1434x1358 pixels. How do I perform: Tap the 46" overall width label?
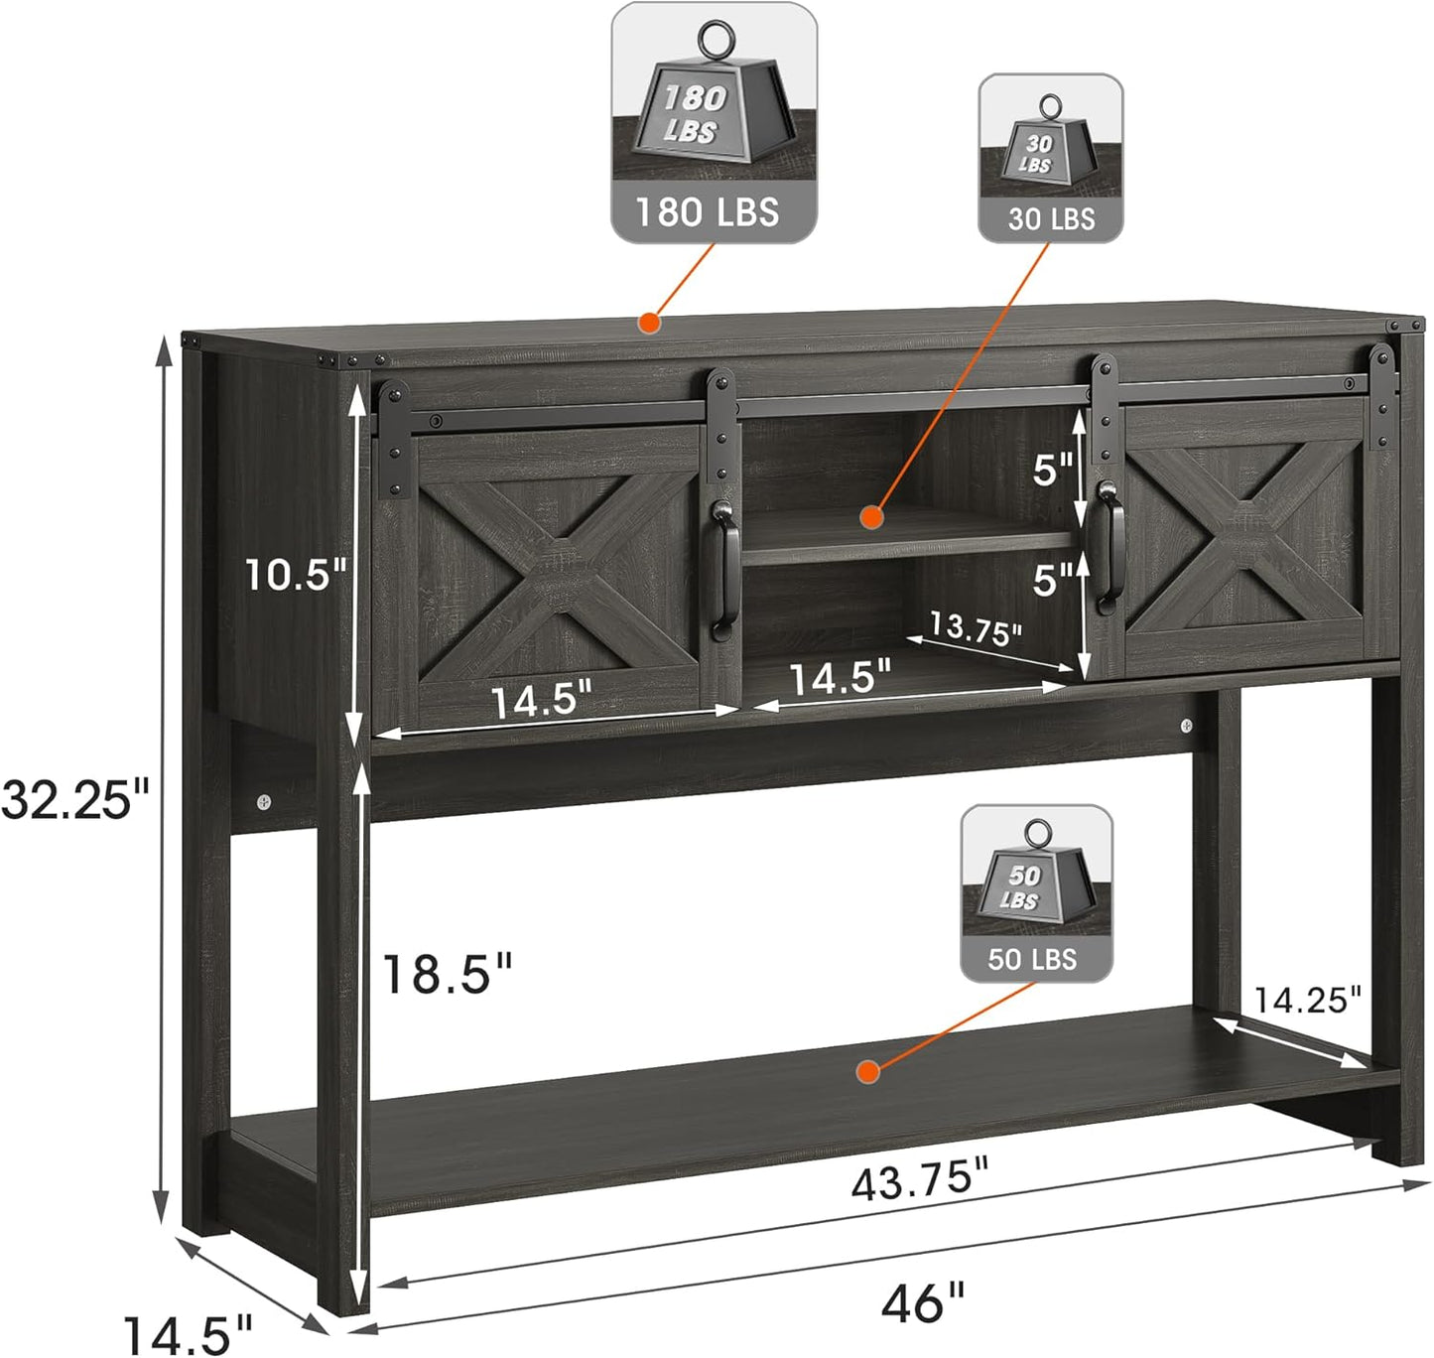(922, 1301)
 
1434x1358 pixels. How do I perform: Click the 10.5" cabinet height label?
(295, 575)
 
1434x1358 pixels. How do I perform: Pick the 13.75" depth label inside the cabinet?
(976, 629)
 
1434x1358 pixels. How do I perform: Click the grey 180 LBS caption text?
(707, 212)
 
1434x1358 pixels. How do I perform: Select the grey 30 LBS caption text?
(1051, 219)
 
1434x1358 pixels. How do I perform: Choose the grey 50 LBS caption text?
(1032, 960)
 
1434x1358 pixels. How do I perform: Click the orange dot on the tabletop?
(649, 324)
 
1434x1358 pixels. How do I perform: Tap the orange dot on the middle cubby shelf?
(871, 518)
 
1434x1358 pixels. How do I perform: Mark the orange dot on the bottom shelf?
(868, 1072)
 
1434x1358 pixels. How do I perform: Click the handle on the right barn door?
(1108, 545)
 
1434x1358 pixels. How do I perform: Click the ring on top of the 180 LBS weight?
(717, 40)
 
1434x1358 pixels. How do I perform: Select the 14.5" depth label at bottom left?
(188, 1335)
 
